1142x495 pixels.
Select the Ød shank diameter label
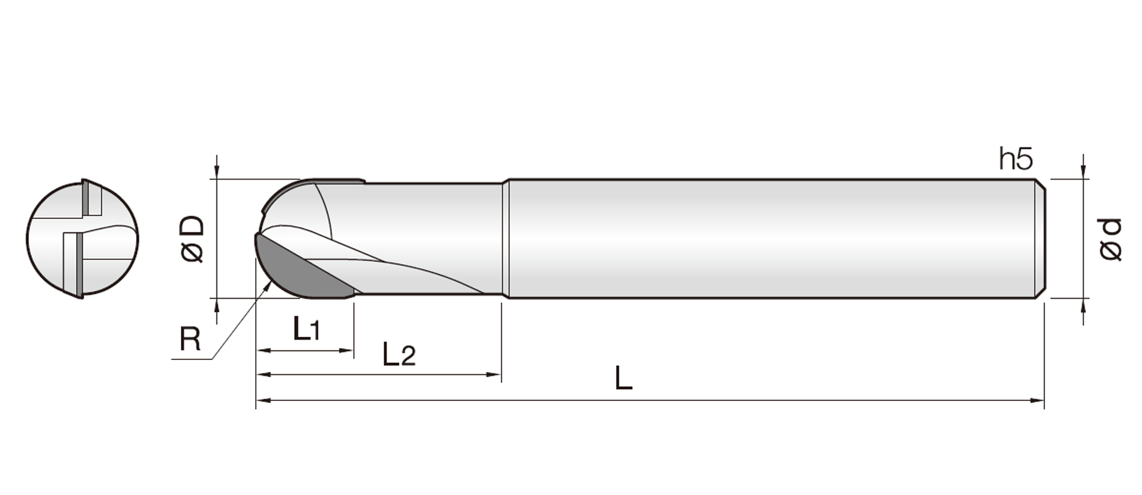[x=1110, y=239]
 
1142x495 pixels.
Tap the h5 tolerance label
[x=1016, y=159]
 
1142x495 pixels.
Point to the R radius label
[x=190, y=340]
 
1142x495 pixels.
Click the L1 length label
[x=307, y=328]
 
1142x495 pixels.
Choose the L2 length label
[x=399, y=354]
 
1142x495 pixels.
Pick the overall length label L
[x=623, y=378]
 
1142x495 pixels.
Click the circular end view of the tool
[x=82, y=239]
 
